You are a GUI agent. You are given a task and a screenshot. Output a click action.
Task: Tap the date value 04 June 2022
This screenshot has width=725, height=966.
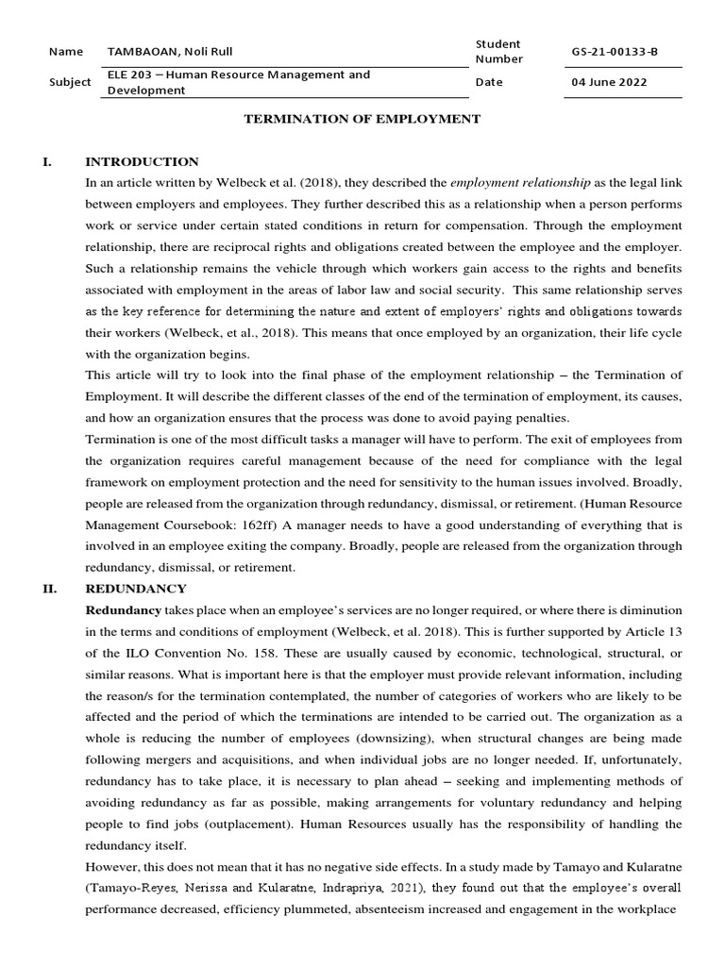pos(609,82)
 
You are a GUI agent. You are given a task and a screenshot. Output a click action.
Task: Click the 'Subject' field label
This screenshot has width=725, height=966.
pos(70,82)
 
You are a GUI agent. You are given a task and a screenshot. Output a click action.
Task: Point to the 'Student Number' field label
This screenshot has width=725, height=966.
pos(497,52)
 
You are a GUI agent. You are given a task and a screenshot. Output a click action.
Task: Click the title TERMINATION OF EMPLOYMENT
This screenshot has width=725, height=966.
pos(363,119)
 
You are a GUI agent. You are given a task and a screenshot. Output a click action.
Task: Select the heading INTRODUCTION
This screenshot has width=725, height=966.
pos(142,161)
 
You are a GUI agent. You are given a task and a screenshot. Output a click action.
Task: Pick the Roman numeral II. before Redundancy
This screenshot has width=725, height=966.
pos(49,589)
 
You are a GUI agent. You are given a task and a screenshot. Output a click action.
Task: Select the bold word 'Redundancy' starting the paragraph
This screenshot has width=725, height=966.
pos(123,610)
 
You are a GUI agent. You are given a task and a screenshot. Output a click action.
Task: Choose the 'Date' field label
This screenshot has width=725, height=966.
pos(489,82)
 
